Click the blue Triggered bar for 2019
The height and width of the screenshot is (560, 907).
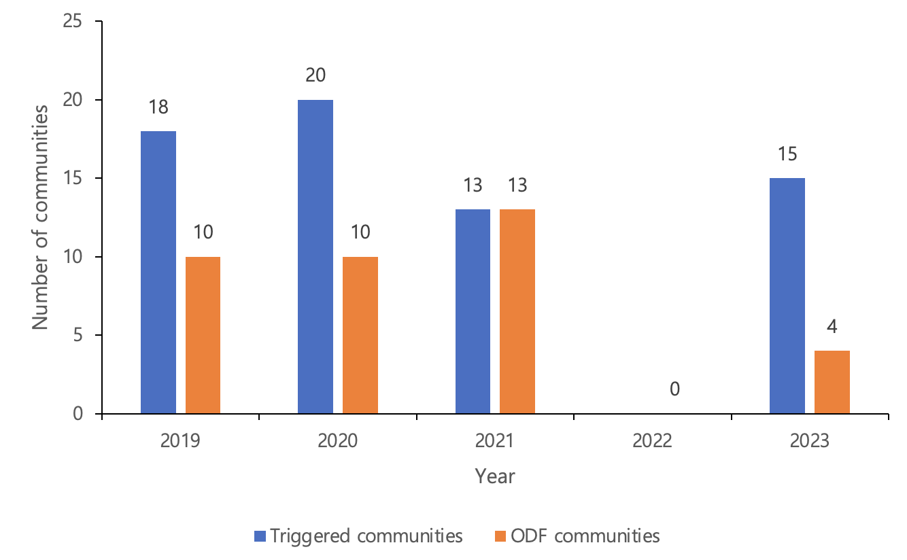158,272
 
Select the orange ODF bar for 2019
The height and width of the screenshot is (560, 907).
203,335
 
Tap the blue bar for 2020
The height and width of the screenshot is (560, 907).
315,257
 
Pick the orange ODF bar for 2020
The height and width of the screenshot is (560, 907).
360,335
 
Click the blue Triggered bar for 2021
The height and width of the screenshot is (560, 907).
473,311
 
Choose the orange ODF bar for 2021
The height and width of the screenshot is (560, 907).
517,311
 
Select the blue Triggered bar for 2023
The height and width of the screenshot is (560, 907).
787,296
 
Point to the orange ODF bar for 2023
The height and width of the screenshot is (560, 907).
832,382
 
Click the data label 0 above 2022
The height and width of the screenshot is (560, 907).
674,389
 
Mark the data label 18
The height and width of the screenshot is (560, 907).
158,107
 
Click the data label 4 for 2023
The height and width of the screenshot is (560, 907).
832,326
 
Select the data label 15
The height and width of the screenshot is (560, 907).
787,154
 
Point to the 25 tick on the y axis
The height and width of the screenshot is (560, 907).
73,22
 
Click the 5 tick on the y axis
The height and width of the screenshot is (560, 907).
78,336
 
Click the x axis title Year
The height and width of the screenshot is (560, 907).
495,476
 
